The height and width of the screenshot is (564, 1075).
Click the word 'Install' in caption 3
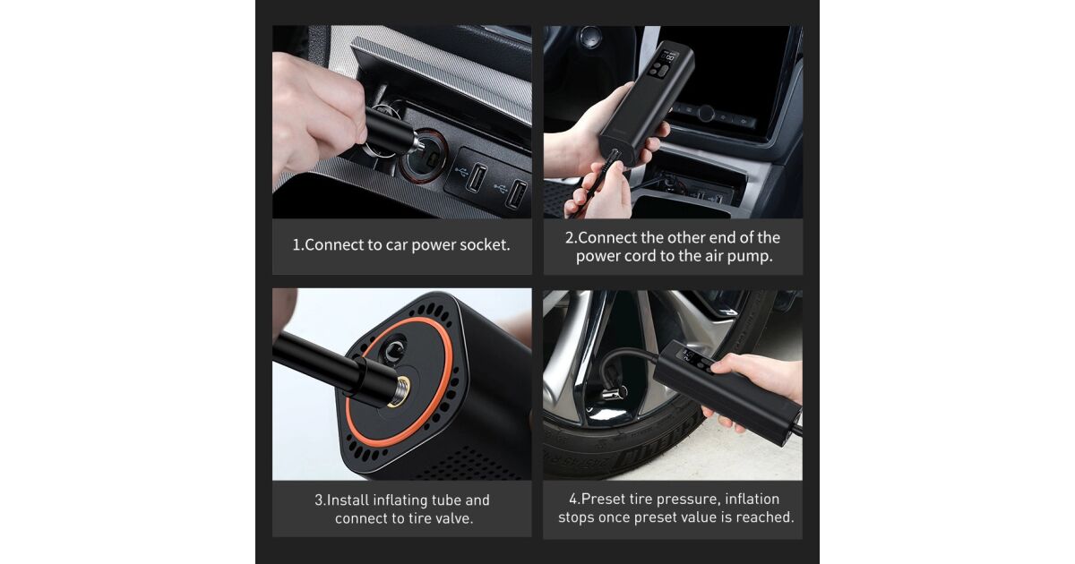click(x=348, y=500)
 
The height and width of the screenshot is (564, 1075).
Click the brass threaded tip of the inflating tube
click(x=399, y=391)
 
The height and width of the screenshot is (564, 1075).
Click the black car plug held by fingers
click(x=390, y=131)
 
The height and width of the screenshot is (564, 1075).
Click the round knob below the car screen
click(x=706, y=113)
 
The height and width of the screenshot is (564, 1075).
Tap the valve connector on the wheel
click(x=614, y=392)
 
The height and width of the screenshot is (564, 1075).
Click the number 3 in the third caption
click(x=319, y=500)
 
